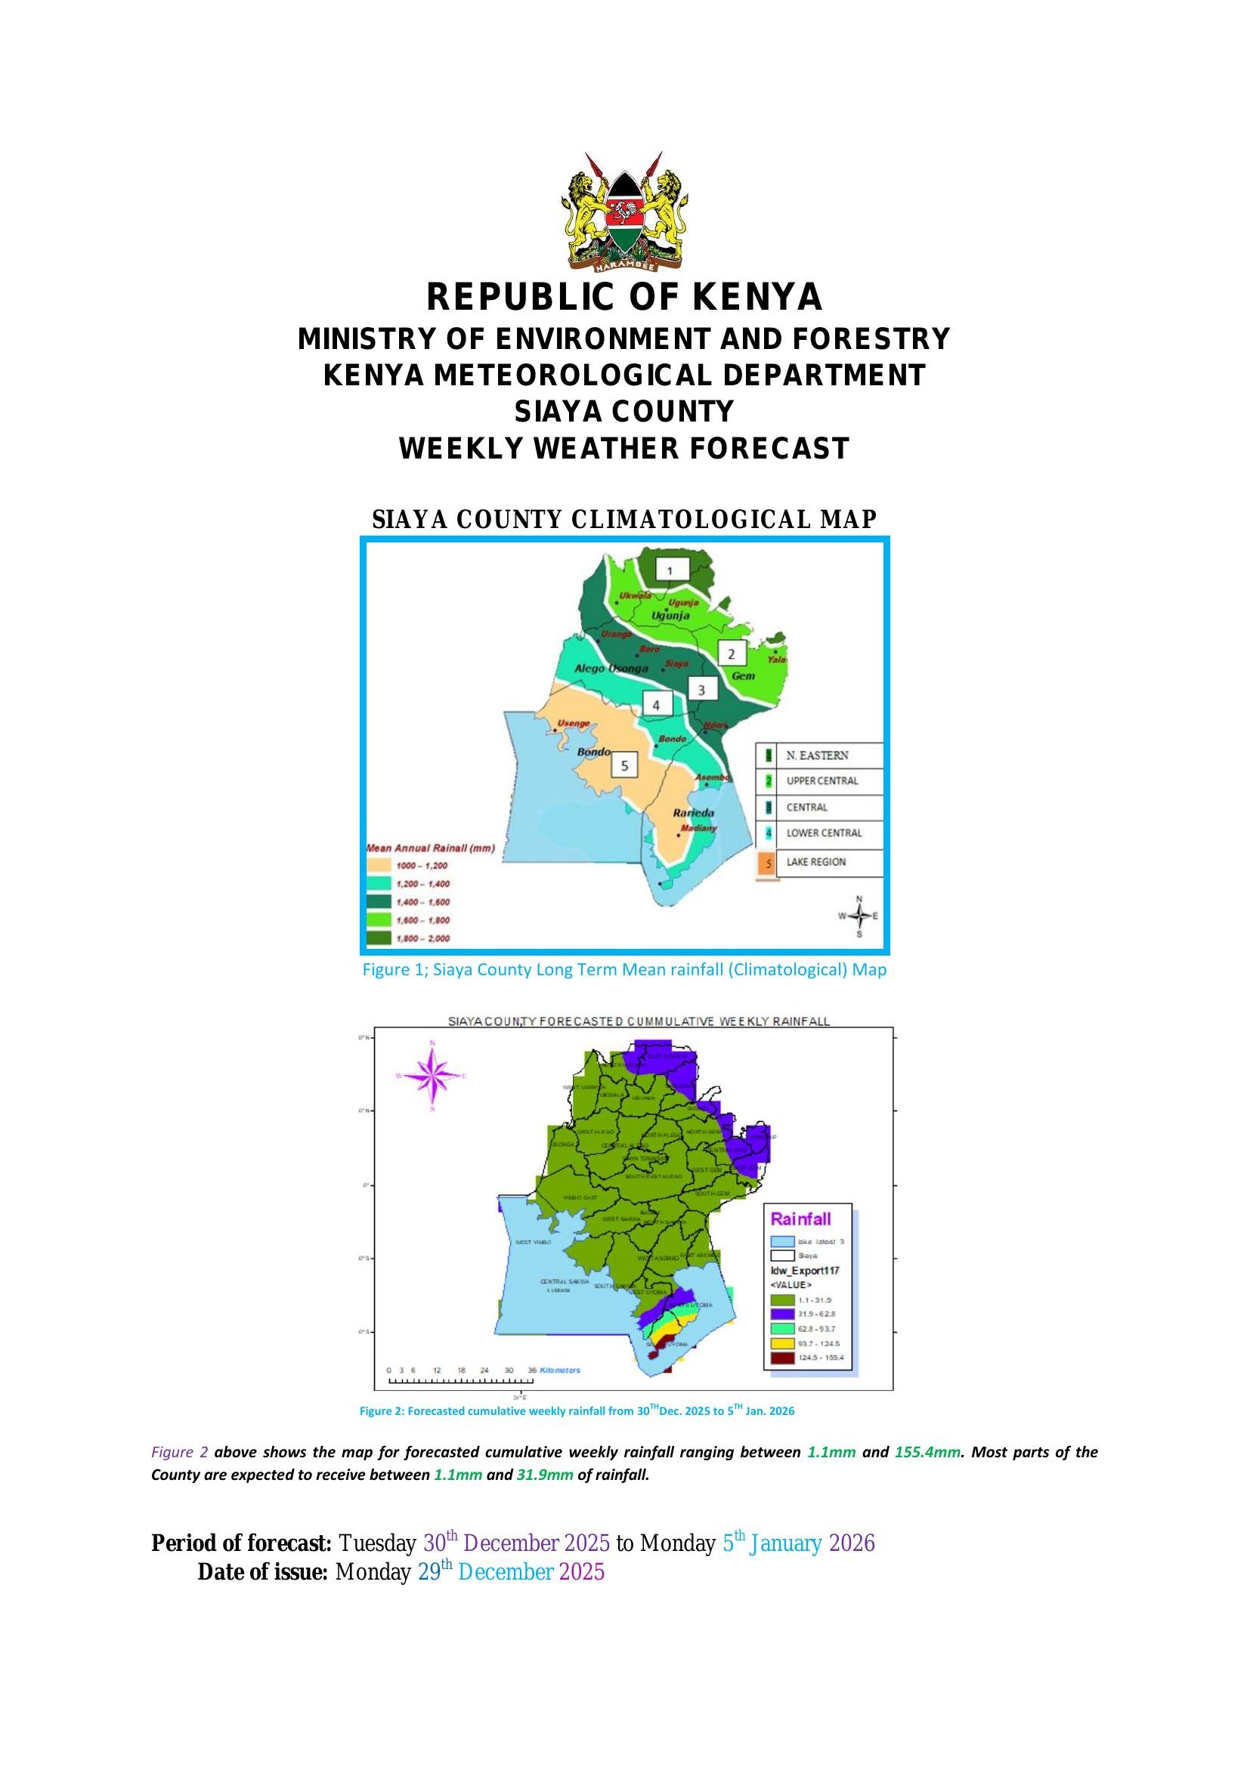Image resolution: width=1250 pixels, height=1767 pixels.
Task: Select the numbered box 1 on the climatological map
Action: pos(670,570)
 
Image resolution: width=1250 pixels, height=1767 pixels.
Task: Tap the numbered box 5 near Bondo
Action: pos(624,766)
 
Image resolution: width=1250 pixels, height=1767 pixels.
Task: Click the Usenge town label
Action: pos(574,724)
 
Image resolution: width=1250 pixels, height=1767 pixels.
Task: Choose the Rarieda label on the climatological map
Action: pos(694,813)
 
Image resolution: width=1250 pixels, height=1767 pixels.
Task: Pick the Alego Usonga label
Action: pos(611,669)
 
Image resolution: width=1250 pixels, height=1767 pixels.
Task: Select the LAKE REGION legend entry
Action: pos(815,862)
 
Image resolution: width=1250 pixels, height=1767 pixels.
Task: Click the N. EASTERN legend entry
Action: pos(817,755)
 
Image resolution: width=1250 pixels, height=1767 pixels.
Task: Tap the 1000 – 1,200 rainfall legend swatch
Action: pos(378,866)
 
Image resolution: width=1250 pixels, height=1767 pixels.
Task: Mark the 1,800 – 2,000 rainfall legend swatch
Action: pos(378,938)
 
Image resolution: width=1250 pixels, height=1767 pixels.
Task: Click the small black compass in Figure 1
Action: pos(860,916)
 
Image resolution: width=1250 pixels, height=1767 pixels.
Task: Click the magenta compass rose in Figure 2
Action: pos(432,1076)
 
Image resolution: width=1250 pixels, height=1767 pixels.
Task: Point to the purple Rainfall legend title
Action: pos(800,1219)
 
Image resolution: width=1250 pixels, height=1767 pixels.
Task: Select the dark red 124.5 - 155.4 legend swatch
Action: pos(782,1358)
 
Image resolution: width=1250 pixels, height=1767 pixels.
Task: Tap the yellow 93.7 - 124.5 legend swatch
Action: pos(782,1343)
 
